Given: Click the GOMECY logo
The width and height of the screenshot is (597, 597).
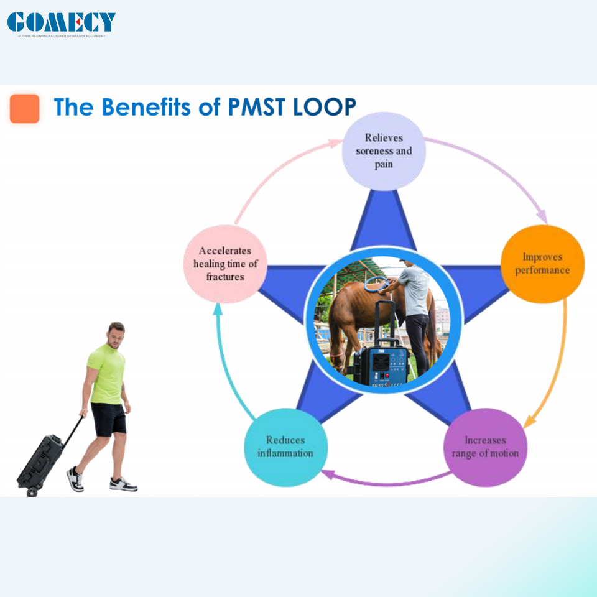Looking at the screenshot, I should (61, 23).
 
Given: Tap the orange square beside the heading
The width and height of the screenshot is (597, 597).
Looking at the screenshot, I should (25, 109).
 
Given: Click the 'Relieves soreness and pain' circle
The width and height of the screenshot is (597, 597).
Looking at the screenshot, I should (384, 151).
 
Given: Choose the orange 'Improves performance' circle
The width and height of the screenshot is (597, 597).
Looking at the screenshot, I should (542, 264).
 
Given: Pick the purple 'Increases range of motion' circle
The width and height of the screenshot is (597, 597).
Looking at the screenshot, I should (485, 447).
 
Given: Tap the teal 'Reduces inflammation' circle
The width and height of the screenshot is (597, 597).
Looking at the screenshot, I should (285, 446).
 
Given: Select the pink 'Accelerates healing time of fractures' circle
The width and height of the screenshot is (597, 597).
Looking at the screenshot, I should (224, 264).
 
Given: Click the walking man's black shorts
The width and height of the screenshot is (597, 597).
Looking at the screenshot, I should (109, 419).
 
